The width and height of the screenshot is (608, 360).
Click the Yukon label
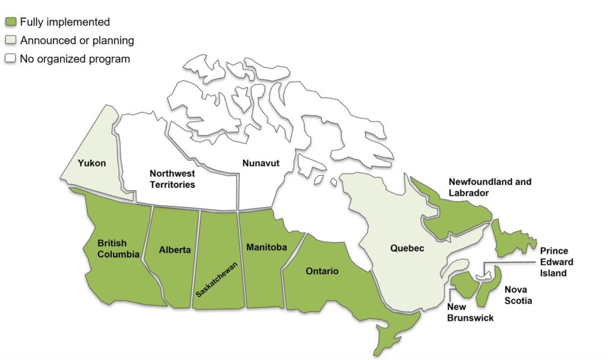point(92,162)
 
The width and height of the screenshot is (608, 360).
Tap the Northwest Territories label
point(172,179)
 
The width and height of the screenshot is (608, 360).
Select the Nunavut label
point(261,162)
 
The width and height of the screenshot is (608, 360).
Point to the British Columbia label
point(119,249)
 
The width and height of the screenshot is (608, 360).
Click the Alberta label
point(175,250)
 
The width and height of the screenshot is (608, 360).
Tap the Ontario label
point(322,271)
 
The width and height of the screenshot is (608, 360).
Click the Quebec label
point(407,248)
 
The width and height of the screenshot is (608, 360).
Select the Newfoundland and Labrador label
point(490,187)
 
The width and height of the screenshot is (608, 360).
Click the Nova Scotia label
point(518,295)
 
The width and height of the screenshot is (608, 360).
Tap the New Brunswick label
point(470,312)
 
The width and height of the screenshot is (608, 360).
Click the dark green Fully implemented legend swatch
point(10,23)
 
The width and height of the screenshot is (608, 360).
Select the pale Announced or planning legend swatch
point(10,41)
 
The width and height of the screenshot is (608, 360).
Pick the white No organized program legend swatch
point(10,59)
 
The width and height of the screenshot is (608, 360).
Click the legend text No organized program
point(75,59)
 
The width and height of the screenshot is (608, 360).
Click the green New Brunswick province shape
point(464,285)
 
